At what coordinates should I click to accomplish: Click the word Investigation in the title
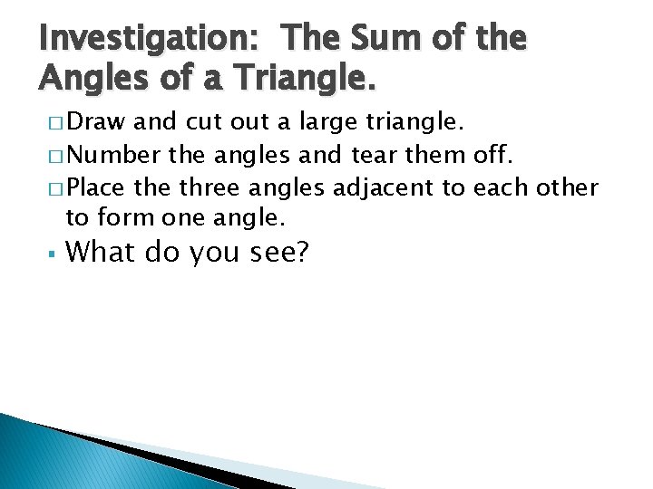(151, 40)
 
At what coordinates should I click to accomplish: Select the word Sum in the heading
(380, 40)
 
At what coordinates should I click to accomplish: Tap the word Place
(97, 188)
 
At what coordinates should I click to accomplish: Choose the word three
(212, 188)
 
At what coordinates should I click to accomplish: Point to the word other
(566, 188)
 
